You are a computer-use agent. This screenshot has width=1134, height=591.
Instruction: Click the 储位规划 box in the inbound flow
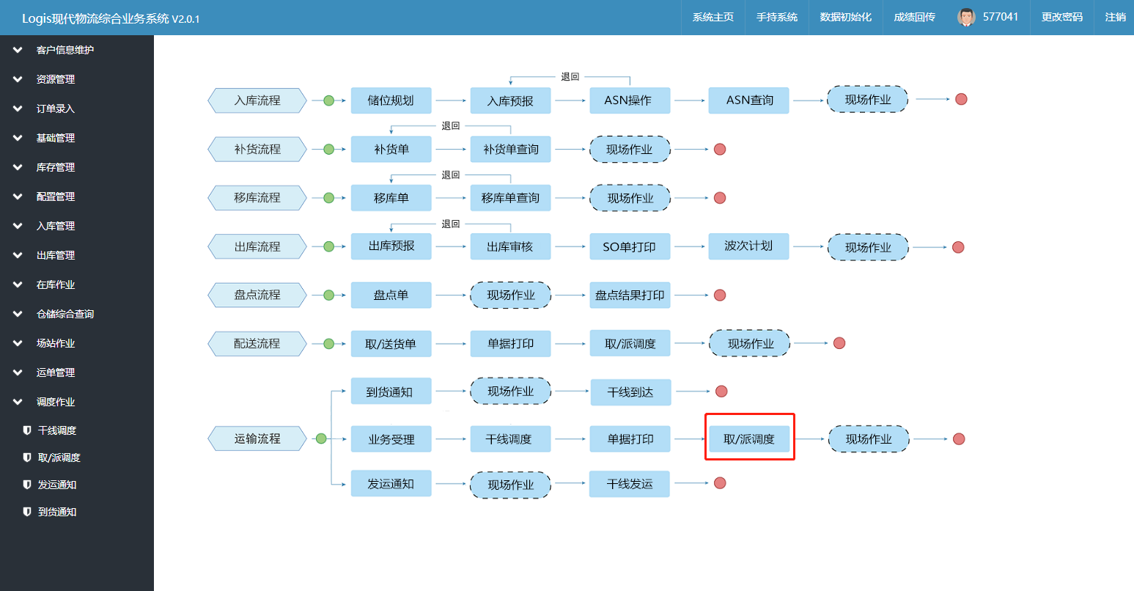pyautogui.click(x=391, y=100)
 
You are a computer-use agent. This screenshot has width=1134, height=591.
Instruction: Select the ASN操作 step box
pyautogui.click(x=630, y=100)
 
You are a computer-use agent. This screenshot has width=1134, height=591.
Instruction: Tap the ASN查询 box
pyautogui.click(x=748, y=100)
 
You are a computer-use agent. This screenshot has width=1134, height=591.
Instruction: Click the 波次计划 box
pyautogui.click(x=748, y=246)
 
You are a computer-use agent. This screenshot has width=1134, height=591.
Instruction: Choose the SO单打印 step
pyautogui.click(x=630, y=246)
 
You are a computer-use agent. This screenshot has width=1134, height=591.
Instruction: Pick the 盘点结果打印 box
pyautogui.click(x=630, y=295)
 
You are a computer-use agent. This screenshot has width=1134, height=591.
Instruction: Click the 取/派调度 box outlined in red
pyautogui.click(x=749, y=438)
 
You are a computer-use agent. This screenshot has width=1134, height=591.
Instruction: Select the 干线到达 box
pyautogui.click(x=631, y=392)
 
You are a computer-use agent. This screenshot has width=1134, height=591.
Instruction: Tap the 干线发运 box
pyautogui.click(x=629, y=484)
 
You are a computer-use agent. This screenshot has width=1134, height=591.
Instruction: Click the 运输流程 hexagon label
pyautogui.click(x=257, y=438)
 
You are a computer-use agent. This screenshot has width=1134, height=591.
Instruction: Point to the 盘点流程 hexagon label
pyautogui.click(x=257, y=295)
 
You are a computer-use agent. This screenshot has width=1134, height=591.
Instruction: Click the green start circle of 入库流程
pyautogui.click(x=328, y=100)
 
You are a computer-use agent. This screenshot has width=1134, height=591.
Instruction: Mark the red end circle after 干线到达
pyautogui.click(x=721, y=391)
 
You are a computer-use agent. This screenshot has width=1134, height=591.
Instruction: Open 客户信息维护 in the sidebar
pyautogui.click(x=65, y=50)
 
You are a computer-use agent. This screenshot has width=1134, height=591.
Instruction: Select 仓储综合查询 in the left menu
pyautogui.click(x=65, y=314)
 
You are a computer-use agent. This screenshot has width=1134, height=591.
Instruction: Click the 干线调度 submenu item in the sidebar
pyautogui.click(x=56, y=430)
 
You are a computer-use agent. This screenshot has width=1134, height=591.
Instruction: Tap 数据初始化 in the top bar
pyautogui.click(x=845, y=17)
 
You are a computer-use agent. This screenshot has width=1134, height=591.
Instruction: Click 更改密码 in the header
pyautogui.click(x=1061, y=17)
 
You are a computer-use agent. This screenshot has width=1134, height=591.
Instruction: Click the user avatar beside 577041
pyautogui.click(x=966, y=17)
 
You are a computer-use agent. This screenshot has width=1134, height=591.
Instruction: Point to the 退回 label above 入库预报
pyautogui.click(x=570, y=76)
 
